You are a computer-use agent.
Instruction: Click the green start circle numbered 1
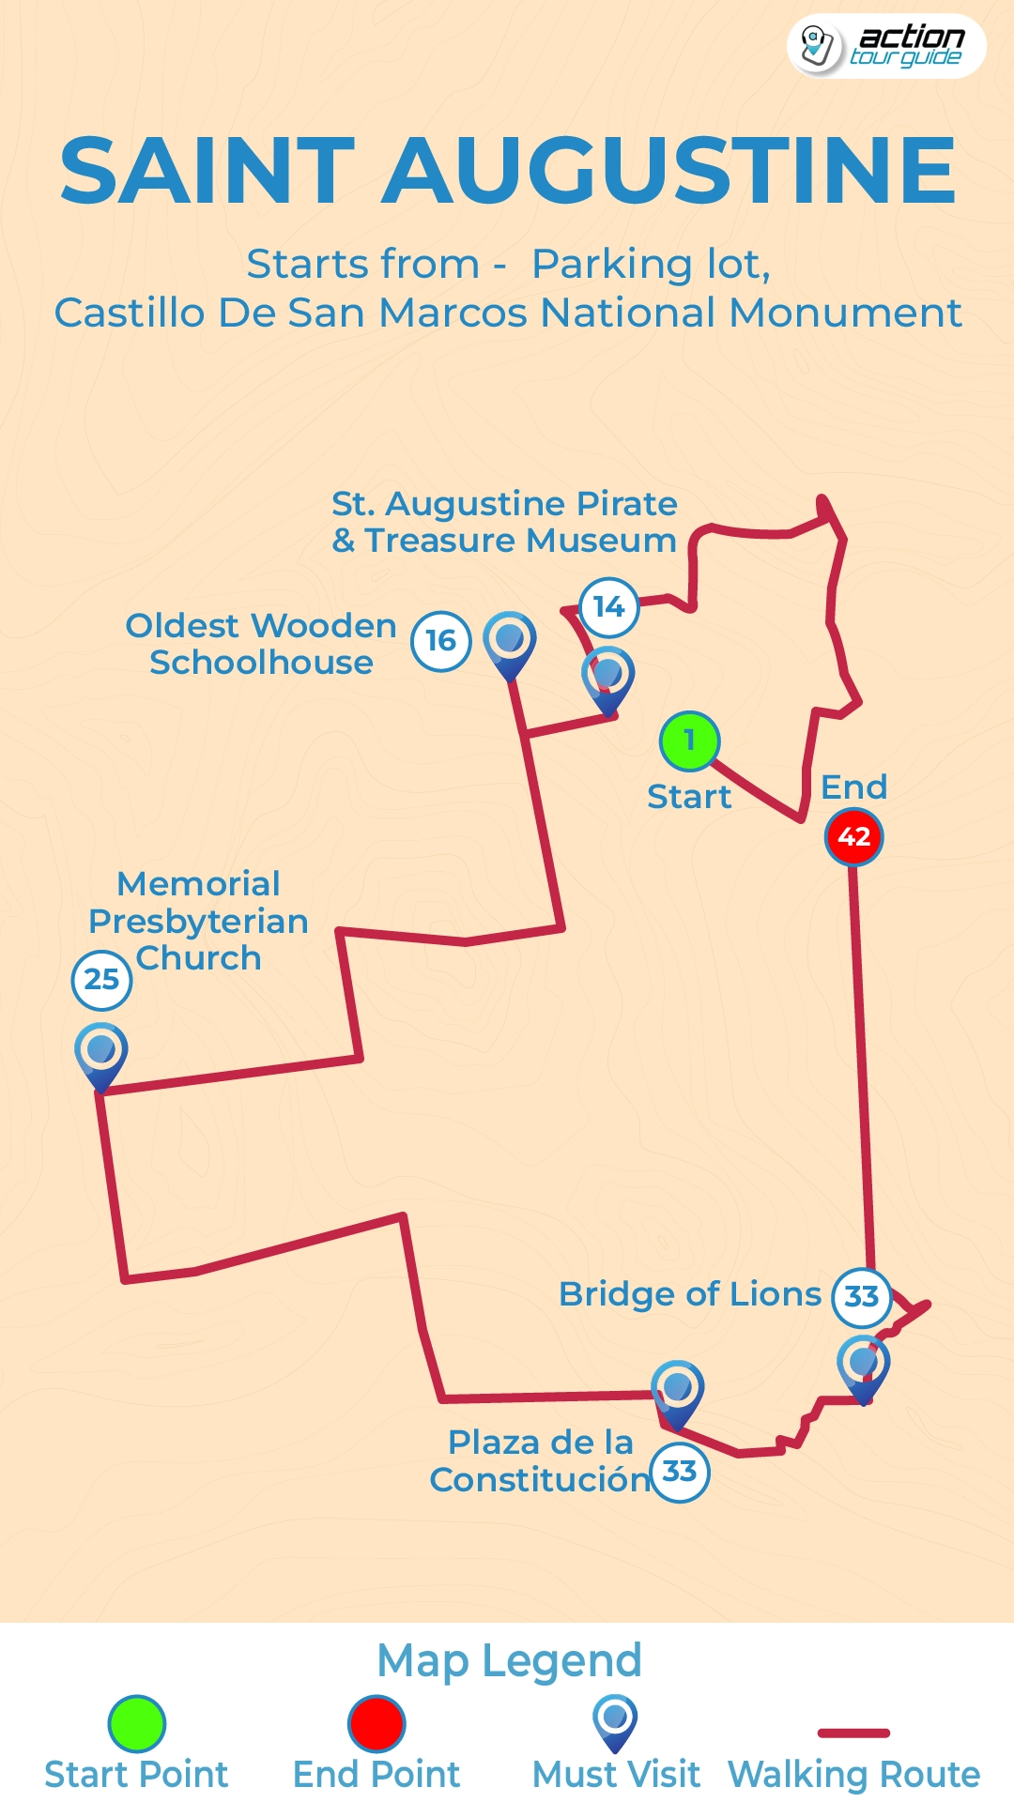689,741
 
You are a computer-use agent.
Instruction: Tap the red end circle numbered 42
853,836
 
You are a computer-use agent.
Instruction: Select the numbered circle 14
608,607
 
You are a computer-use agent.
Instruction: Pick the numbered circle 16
440,641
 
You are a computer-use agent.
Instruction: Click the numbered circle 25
101,979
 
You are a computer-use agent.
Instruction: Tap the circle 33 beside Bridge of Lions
861,1297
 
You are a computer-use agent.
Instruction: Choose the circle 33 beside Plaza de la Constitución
679,1472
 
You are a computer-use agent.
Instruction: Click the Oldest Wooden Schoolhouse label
261,644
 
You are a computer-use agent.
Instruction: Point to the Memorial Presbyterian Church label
198,921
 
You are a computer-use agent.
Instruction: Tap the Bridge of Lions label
689,1294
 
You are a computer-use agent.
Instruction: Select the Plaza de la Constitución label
540,1461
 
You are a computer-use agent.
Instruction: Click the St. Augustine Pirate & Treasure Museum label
504,522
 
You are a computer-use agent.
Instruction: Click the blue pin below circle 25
101,1053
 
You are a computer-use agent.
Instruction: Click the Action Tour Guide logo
885,46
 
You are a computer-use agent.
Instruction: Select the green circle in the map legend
137,1723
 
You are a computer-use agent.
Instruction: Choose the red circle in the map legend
376,1723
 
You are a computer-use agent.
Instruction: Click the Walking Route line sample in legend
853,1733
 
